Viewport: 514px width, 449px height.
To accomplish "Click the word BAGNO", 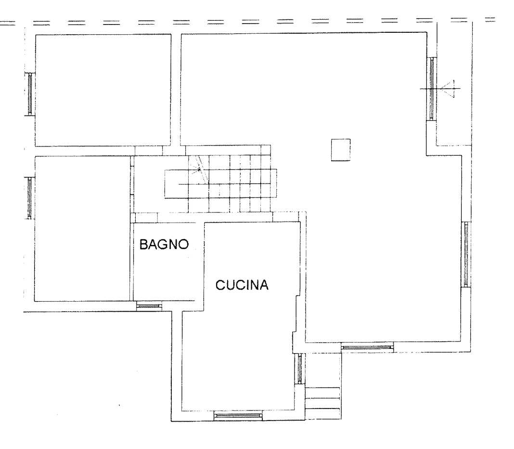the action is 164,245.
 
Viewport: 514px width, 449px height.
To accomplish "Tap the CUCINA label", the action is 242,285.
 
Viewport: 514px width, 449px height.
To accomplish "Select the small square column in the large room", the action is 341,150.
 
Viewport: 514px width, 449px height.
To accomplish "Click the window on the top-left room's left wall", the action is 30,94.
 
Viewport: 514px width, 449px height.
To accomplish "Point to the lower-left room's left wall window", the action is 29,198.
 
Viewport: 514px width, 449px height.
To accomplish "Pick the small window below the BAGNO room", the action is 149,306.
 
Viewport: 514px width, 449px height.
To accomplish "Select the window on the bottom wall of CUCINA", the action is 238,417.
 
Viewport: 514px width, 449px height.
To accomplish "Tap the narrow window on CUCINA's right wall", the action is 300,369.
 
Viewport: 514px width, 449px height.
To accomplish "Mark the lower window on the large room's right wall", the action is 466,254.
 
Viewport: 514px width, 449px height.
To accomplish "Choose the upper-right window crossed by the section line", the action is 432,89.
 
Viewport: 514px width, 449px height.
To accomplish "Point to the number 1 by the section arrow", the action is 454,81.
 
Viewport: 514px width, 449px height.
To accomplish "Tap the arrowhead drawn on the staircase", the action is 199,170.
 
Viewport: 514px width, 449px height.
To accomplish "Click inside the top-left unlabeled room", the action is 103,90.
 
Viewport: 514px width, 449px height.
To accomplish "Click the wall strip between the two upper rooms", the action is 176,89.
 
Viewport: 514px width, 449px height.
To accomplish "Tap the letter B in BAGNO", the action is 143,245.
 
